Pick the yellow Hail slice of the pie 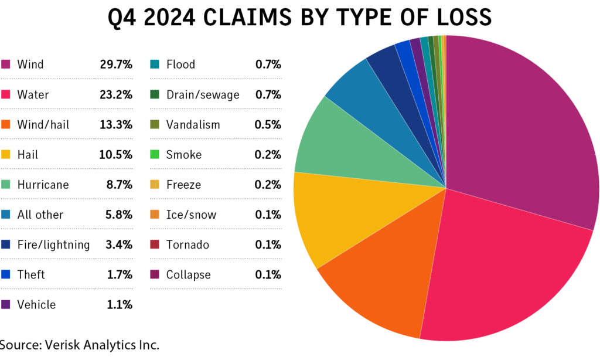pos(328,217)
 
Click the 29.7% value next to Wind pos(116,64)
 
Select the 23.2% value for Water pos(116,94)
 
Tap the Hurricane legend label pos(43,185)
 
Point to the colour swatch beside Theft pos(6,274)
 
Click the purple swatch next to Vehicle pos(6,305)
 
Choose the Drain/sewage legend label pos(203,94)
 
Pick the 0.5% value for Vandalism pos(268,125)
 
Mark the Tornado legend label pos(187,244)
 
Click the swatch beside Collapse pos(155,274)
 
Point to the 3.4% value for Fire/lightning pos(119,244)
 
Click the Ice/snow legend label pos(191,215)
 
